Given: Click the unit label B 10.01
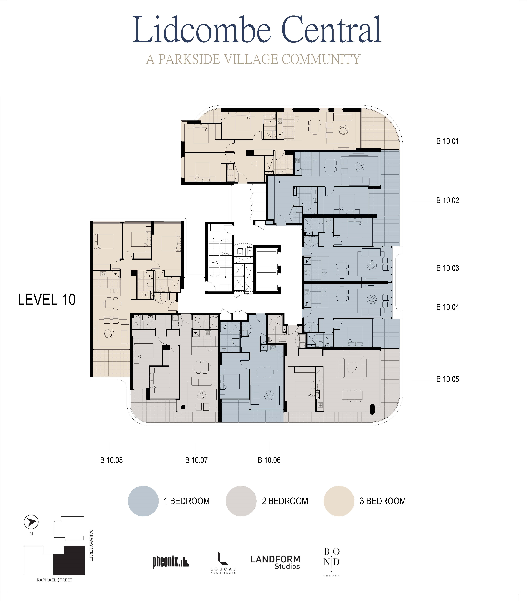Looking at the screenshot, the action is point(447,141).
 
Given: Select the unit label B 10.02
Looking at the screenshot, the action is point(447,200).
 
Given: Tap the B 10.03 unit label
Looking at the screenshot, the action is point(447,268).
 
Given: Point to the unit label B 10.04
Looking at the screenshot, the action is point(447,307).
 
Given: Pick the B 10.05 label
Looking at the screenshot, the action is point(447,379).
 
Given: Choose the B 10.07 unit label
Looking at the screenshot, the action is point(196,460).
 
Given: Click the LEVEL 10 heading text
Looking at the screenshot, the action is point(47,300).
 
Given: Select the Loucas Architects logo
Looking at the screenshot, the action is point(223,562).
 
